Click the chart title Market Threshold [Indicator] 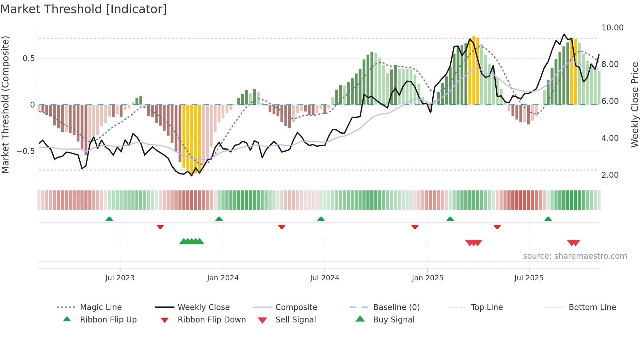(x=84, y=9)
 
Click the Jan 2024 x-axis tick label (x=223, y=278)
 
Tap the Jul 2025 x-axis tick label (x=529, y=278)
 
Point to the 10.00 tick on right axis (x=612, y=28)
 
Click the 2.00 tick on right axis (x=610, y=175)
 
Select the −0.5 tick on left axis (x=25, y=151)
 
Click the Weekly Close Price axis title (x=634, y=105)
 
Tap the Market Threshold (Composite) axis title (x=5, y=105)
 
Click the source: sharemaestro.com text (x=575, y=256)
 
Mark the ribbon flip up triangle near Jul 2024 (x=321, y=219)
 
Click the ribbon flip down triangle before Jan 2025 (x=415, y=227)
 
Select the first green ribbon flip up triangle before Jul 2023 (x=109, y=219)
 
